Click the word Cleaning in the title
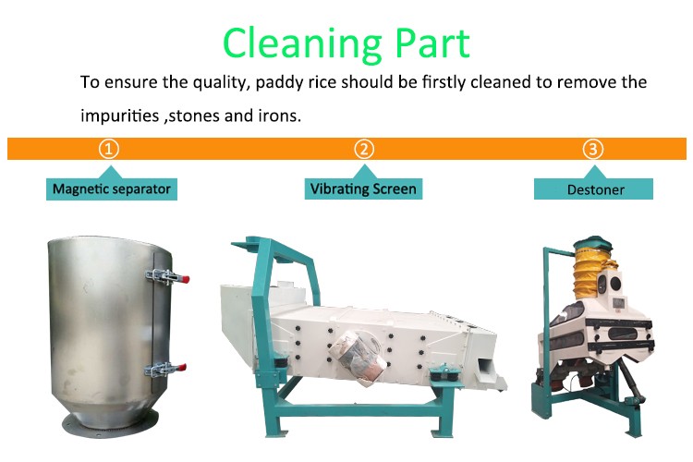point(302,44)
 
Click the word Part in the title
point(432,43)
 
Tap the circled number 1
point(109,149)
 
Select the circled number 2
point(364,149)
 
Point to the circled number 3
point(593,149)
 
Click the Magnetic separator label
point(112,189)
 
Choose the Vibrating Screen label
point(363,188)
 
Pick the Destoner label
point(593,189)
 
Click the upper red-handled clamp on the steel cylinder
point(167,277)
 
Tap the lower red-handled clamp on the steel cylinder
point(166,370)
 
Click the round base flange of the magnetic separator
point(110,424)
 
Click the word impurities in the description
point(119,115)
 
